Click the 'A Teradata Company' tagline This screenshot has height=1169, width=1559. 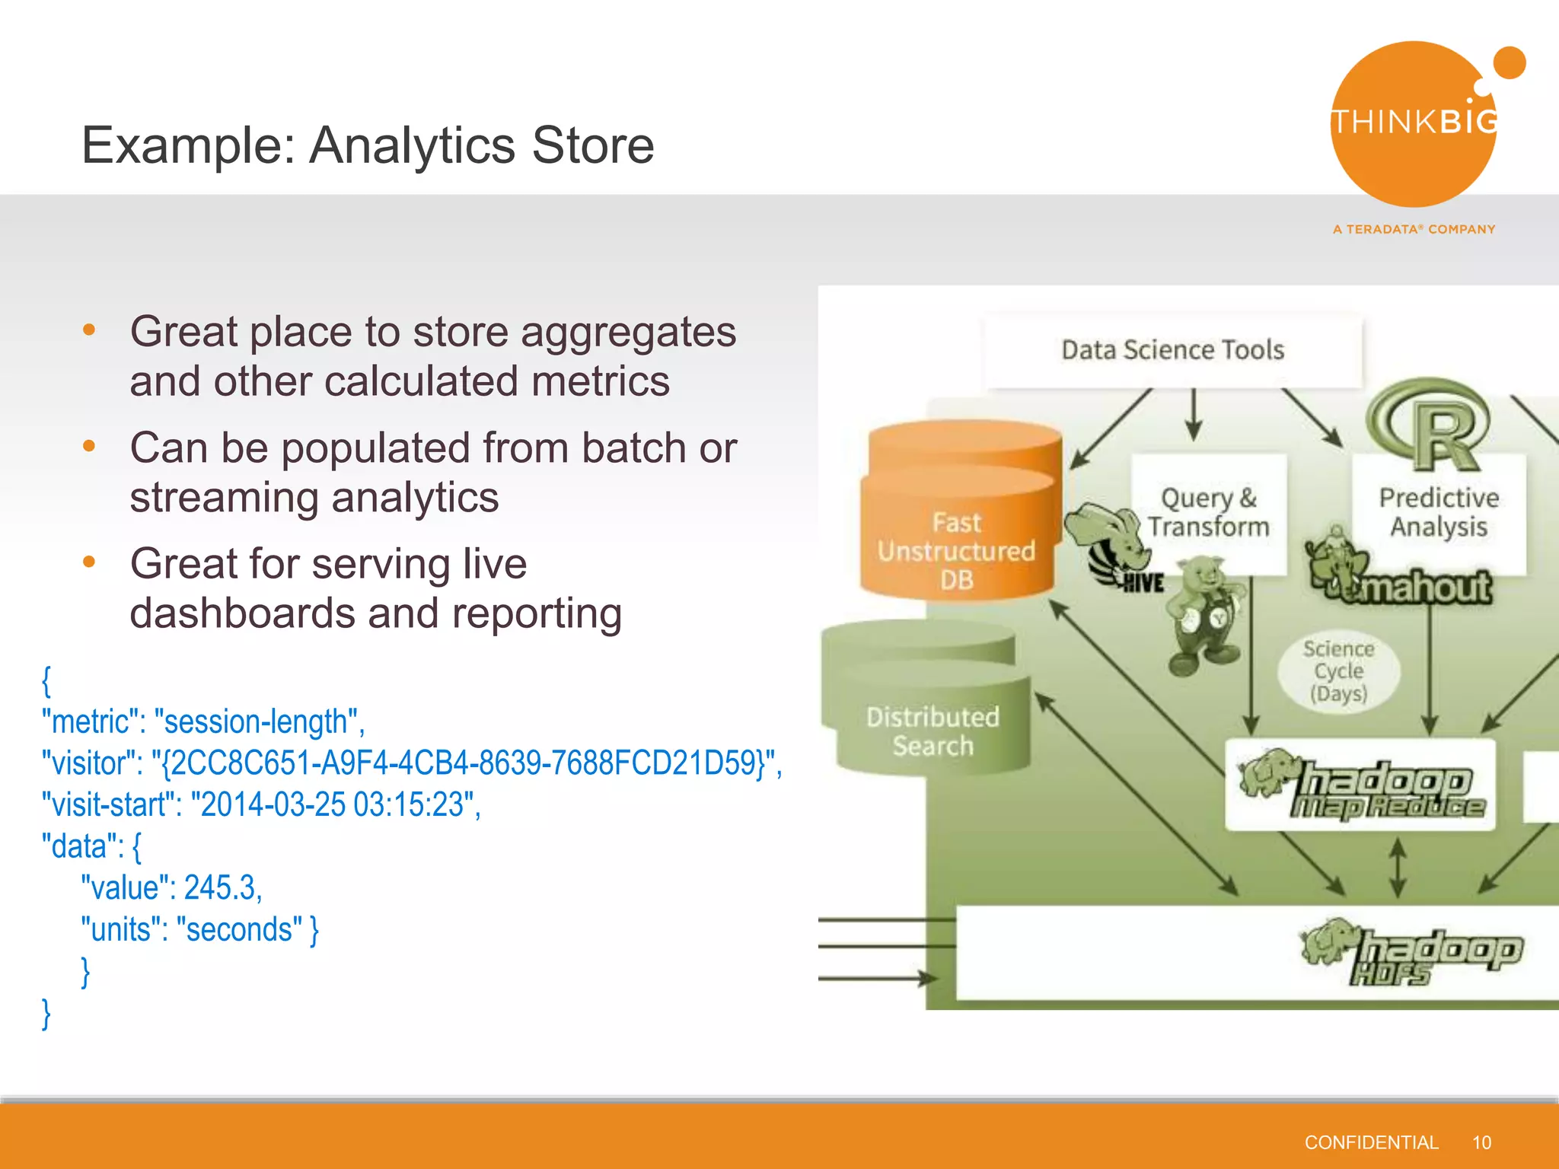(1414, 229)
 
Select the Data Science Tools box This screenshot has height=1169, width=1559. (1172, 350)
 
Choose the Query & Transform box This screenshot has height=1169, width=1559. (1209, 512)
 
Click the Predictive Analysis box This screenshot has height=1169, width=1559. (1439, 512)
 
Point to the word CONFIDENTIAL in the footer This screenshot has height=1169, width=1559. (1371, 1142)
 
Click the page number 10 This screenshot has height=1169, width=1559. (1481, 1142)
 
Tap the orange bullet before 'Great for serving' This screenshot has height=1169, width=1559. (89, 562)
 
